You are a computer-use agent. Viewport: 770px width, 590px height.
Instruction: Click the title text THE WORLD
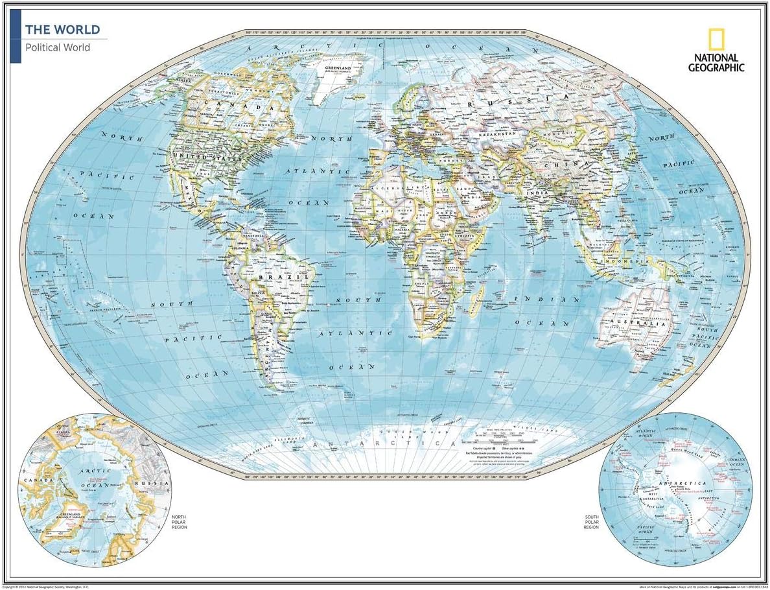pos(62,30)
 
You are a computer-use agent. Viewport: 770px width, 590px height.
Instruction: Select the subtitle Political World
pos(58,47)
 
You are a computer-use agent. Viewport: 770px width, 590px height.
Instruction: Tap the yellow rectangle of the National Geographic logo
pos(716,40)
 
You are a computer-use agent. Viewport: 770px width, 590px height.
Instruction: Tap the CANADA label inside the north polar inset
pos(32,480)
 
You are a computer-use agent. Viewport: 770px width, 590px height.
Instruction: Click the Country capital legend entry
pos(488,448)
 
